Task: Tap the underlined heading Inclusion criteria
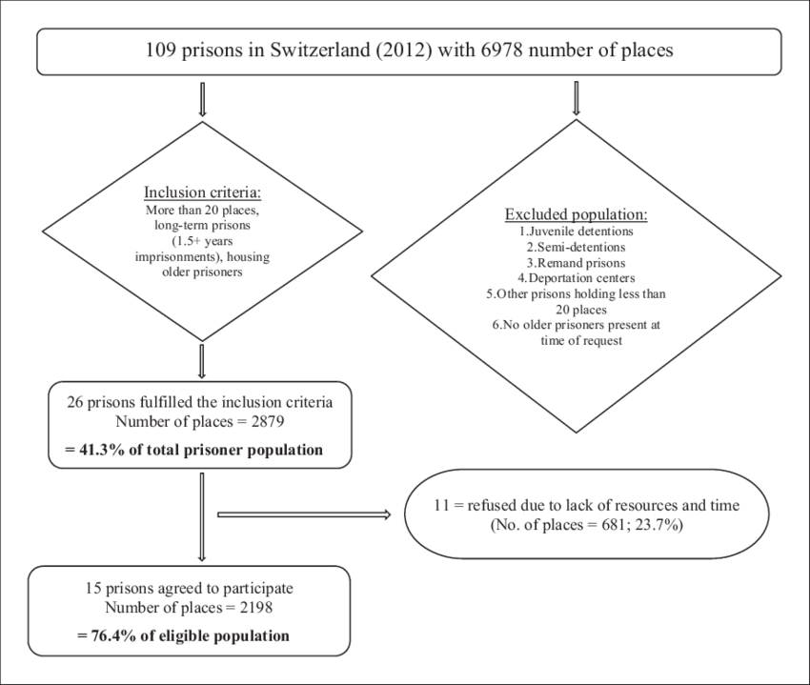(x=202, y=192)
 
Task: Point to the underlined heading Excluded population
(x=576, y=214)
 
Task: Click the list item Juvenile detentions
(x=577, y=231)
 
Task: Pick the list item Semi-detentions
(x=576, y=247)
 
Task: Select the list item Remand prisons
(x=576, y=263)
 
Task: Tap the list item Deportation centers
(x=577, y=278)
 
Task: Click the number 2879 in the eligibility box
(x=268, y=421)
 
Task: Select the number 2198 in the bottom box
(x=255, y=608)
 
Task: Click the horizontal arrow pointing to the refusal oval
(x=304, y=514)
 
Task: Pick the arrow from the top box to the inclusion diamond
(x=202, y=99)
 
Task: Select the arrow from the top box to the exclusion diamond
(x=577, y=98)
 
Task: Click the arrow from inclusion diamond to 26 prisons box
(x=202, y=362)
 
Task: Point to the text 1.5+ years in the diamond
(x=202, y=241)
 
